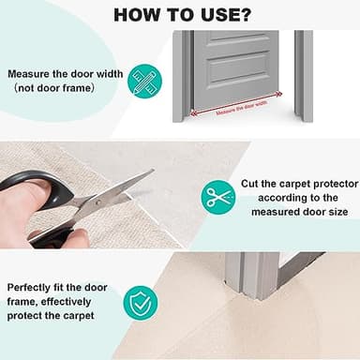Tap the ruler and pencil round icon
point(144,81)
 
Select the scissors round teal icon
point(217,197)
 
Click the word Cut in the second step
point(253,182)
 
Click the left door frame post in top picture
point(180,75)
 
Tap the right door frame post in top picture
point(303,75)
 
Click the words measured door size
point(299,212)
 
